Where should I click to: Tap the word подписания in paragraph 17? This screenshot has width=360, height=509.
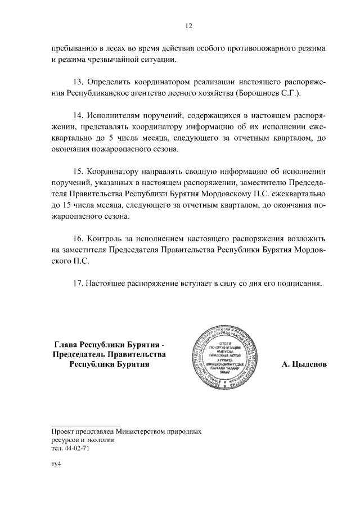click(x=301, y=283)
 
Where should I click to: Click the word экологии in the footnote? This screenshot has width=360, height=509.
click(x=102, y=440)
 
